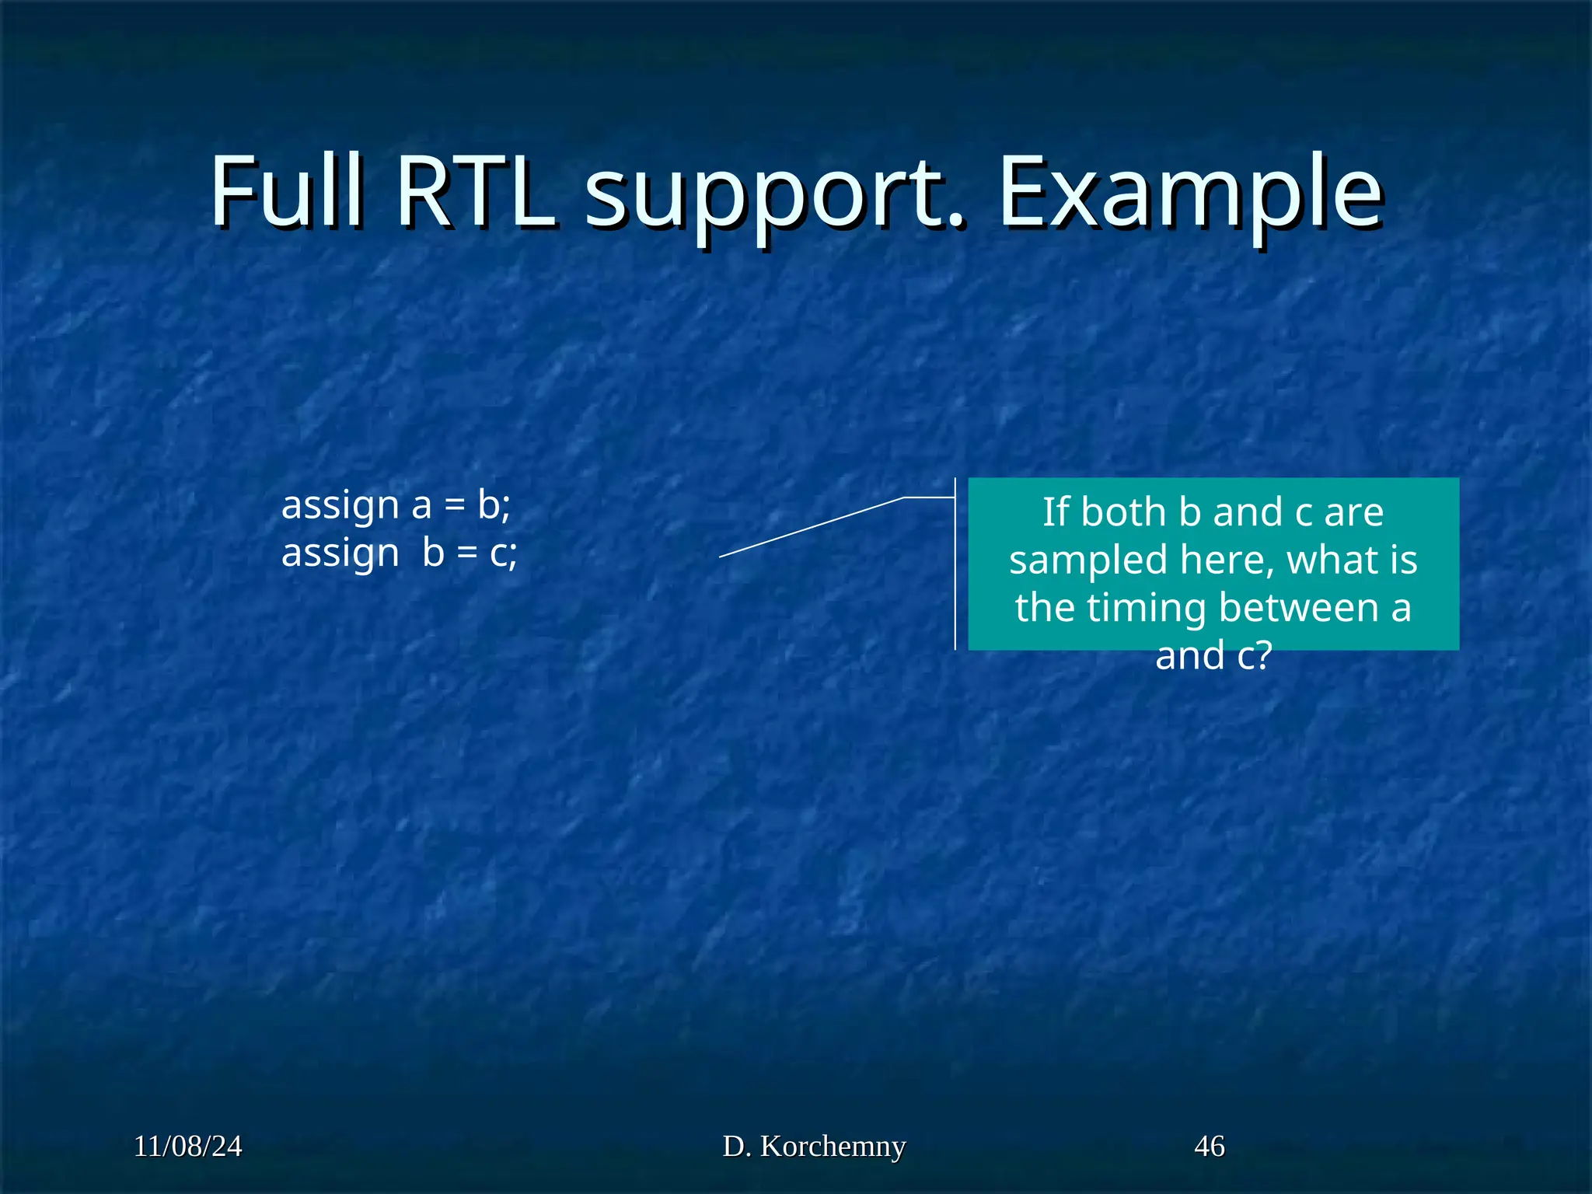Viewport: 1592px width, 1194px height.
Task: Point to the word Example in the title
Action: (x=1189, y=194)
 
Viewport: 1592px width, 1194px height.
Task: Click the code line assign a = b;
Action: (x=396, y=505)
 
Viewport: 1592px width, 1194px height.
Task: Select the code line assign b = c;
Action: (x=399, y=553)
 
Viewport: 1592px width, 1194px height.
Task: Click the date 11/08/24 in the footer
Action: (x=187, y=1147)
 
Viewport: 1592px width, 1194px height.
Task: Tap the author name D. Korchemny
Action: (x=814, y=1147)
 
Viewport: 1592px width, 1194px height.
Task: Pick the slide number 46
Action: (x=1209, y=1147)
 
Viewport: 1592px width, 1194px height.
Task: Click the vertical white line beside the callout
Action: (x=955, y=575)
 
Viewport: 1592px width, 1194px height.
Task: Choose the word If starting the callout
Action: (x=1055, y=512)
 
